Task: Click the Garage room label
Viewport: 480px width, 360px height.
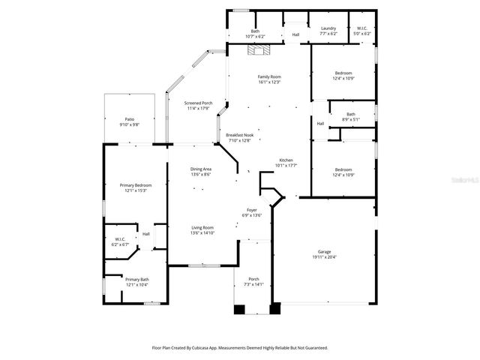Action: pyautogui.click(x=324, y=252)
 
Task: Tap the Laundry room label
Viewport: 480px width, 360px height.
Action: pyautogui.click(x=328, y=29)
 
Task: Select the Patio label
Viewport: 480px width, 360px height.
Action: pyautogui.click(x=129, y=119)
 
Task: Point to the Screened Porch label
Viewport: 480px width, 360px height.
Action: pyautogui.click(x=199, y=103)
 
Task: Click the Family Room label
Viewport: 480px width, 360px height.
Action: pyautogui.click(x=269, y=77)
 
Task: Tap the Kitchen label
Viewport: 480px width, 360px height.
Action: pyautogui.click(x=286, y=160)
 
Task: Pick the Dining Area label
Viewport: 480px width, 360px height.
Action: pyautogui.click(x=200, y=169)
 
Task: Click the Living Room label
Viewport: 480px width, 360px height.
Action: pyautogui.click(x=202, y=228)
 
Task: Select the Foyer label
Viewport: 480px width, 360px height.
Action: pyautogui.click(x=252, y=210)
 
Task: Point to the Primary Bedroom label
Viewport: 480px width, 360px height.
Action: pyautogui.click(x=136, y=185)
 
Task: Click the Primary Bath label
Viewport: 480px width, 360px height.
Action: pyautogui.click(x=136, y=280)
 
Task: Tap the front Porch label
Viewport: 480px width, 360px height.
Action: pyautogui.click(x=253, y=280)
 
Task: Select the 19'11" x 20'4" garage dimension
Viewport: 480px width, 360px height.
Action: pyautogui.click(x=324, y=257)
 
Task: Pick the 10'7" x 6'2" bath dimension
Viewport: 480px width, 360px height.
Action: pyautogui.click(x=255, y=36)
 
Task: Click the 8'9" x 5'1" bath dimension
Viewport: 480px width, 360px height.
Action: pyautogui.click(x=351, y=119)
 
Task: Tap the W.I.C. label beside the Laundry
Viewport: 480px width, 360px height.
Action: pyautogui.click(x=361, y=29)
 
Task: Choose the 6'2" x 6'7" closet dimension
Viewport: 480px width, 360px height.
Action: pyautogui.click(x=120, y=244)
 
